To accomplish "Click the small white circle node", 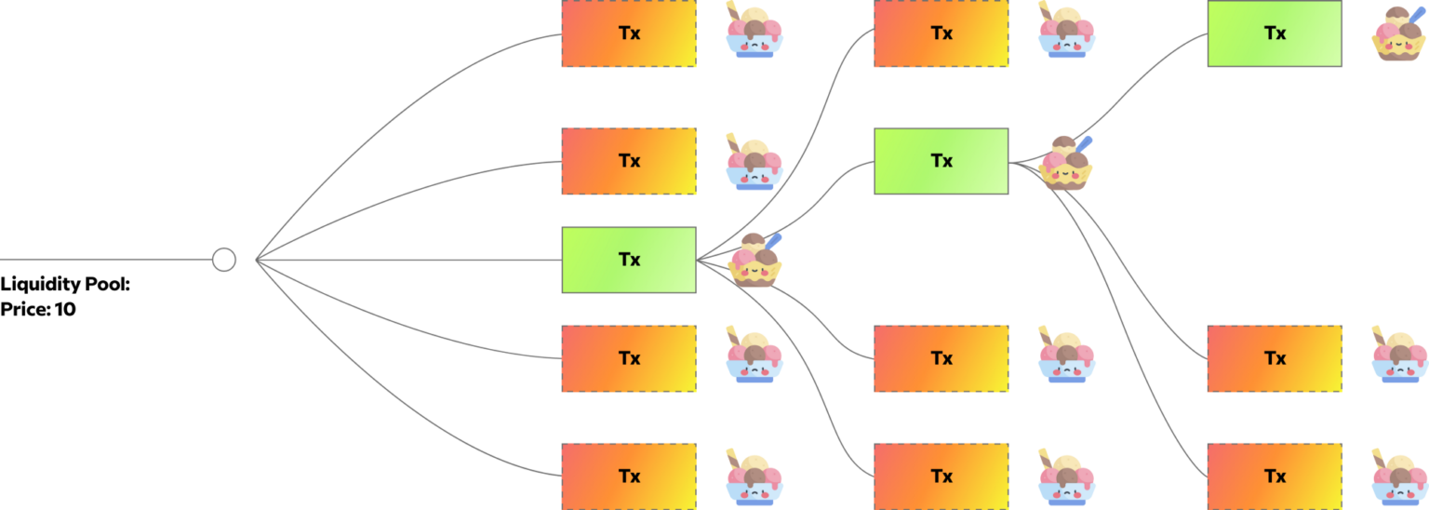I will (223, 260).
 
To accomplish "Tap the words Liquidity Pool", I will (65, 285).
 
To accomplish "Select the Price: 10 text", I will (38, 310).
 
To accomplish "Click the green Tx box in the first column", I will (629, 260).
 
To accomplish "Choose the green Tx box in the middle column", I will (942, 161).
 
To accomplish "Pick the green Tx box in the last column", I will (1275, 34).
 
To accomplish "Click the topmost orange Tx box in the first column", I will (629, 34).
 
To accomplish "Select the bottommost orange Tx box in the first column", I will (629, 476).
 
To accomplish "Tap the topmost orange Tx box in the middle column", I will (942, 34).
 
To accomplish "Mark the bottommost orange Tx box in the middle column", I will (942, 476).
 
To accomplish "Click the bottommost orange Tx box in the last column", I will (1275, 476).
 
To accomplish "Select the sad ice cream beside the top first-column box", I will (755, 33).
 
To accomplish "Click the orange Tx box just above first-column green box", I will (629, 161).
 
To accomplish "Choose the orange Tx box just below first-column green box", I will (629, 358).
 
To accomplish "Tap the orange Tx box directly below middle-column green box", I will (942, 358).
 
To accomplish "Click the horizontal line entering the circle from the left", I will (102, 260).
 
